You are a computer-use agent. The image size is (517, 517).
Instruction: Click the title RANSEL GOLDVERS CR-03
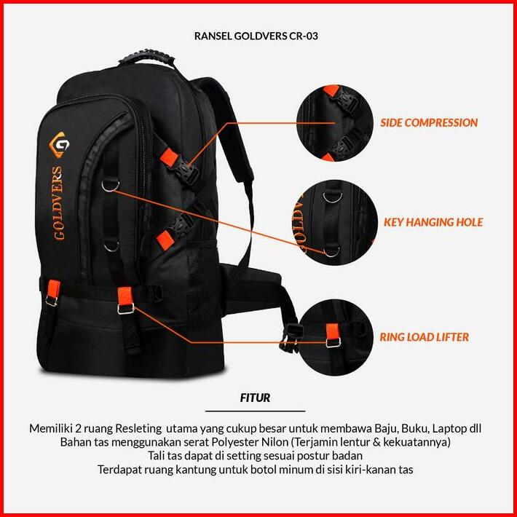point(256,36)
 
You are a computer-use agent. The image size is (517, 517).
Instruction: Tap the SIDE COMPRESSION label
point(429,122)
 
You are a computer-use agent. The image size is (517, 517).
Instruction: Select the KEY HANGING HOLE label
point(433,222)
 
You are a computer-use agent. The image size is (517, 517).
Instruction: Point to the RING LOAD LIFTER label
point(425,337)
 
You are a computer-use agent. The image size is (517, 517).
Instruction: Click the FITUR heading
point(255,398)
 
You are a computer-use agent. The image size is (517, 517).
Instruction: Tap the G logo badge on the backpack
point(60,145)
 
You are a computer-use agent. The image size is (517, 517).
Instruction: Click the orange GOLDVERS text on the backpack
point(59,203)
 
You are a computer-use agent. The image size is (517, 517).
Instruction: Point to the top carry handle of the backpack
point(146,58)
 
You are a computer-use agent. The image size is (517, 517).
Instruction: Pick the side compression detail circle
point(335,123)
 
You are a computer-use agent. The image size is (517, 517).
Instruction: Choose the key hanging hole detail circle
point(335,222)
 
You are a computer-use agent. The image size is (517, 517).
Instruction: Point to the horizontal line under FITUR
point(255,411)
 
